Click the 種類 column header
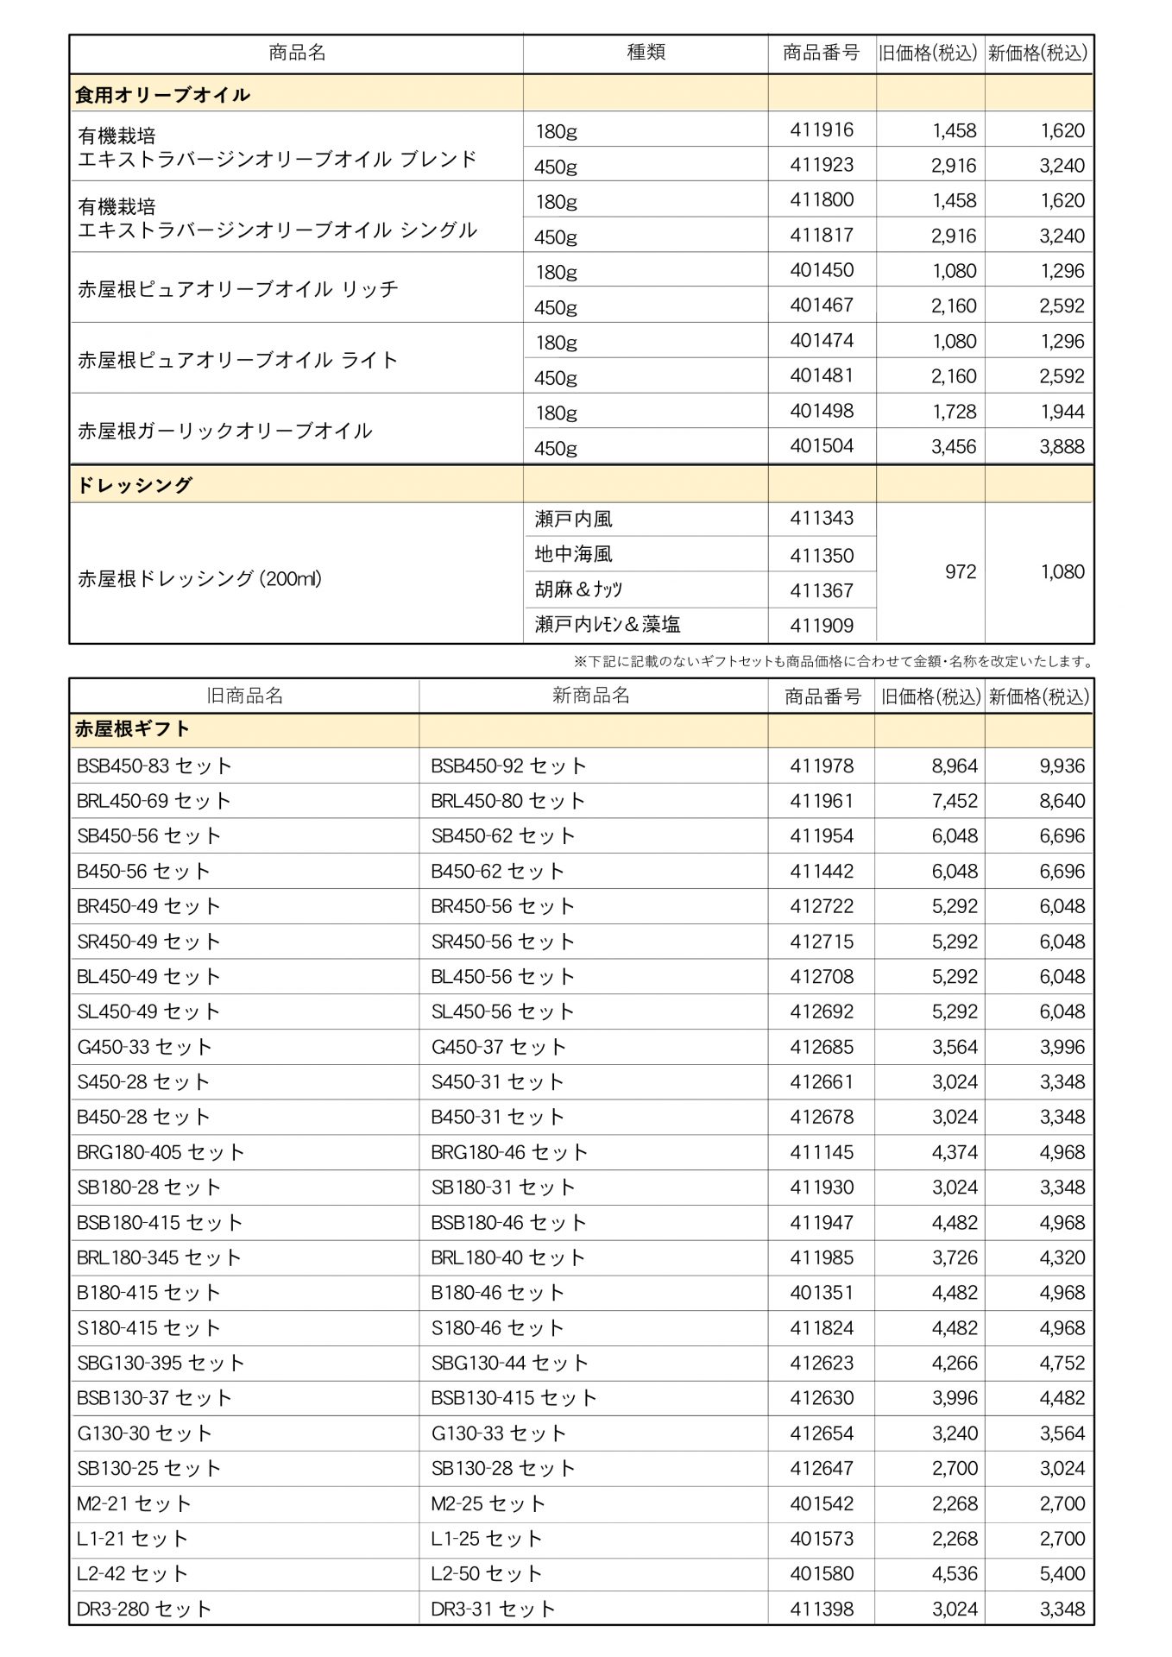click(646, 53)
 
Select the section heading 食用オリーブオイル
click(162, 94)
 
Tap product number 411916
click(822, 130)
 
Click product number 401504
click(822, 446)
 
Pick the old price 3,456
click(954, 447)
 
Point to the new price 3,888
click(1062, 447)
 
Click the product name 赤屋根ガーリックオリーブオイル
click(225, 430)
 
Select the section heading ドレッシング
click(134, 485)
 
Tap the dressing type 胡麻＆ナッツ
click(578, 589)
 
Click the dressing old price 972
click(960, 572)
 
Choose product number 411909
click(822, 626)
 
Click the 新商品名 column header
click(591, 696)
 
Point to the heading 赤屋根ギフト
click(132, 729)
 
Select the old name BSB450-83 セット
click(154, 765)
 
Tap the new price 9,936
click(1062, 766)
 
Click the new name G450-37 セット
click(499, 1047)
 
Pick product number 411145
click(822, 1152)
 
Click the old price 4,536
click(955, 1574)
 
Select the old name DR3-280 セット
click(144, 1609)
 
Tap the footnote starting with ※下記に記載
click(834, 662)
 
